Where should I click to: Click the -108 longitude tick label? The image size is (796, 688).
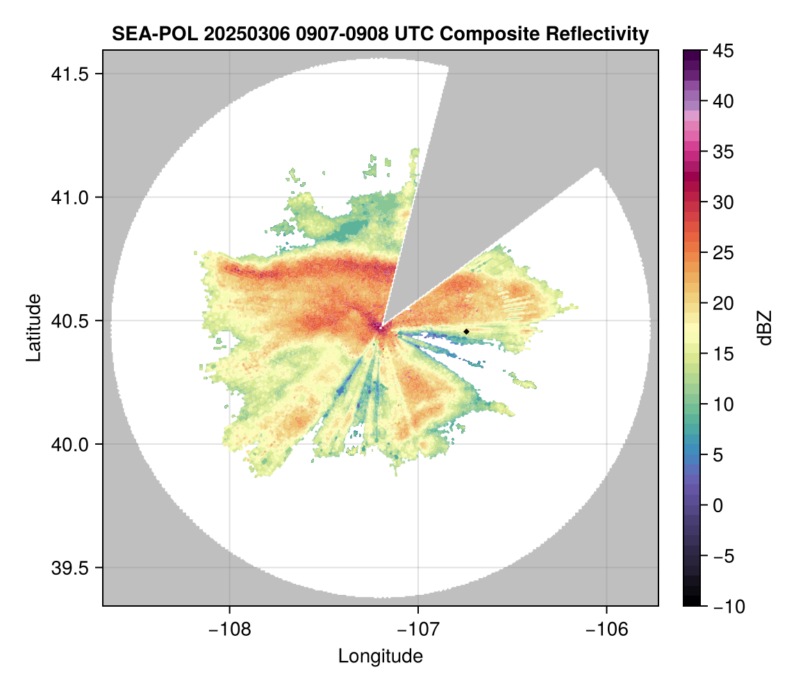(229, 629)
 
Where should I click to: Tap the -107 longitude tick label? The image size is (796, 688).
(418, 629)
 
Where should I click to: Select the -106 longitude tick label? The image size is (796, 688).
(607, 629)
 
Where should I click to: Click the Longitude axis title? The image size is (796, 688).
(380, 656)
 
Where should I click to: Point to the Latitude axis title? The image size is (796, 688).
(33, 327)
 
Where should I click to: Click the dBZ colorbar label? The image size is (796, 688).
(765, 328)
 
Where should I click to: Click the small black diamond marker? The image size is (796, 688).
(466, 331)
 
